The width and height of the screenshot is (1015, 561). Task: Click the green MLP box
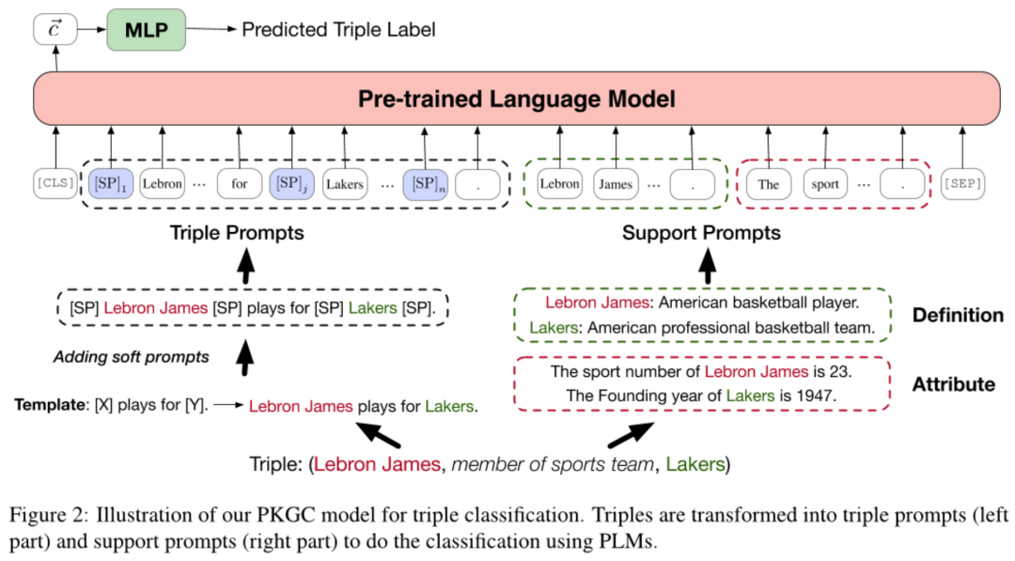(147, 30)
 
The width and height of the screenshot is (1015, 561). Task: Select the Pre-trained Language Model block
(517, 99)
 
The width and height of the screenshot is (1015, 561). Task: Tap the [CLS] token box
(55, 183)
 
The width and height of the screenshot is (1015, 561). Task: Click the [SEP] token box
(962, 183)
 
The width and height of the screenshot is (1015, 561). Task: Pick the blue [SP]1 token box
(111, 184)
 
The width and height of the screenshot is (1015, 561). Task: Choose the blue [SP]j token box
(292, 184)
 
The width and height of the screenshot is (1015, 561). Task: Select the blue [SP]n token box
(426, 184)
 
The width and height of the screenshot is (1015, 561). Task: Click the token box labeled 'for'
(240, 184)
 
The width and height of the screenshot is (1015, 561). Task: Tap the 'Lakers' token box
(345, 184)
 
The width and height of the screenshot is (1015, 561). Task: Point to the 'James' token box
(616, 184)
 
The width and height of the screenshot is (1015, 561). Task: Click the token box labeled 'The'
(769, 184)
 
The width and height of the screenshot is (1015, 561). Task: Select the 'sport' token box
(825, 184)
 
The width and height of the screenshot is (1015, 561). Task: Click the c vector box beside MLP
(55, 30)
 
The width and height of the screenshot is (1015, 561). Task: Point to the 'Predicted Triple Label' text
(338, 30)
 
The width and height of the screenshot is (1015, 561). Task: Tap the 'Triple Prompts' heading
(237, 233)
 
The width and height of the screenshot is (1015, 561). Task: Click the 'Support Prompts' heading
(702, 233)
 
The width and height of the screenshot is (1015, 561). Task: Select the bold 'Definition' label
(958, 315)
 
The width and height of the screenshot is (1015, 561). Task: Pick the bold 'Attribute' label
(954, 384)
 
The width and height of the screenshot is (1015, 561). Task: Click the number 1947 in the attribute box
(816, 396)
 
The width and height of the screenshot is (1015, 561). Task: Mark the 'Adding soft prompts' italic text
(132, 357)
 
